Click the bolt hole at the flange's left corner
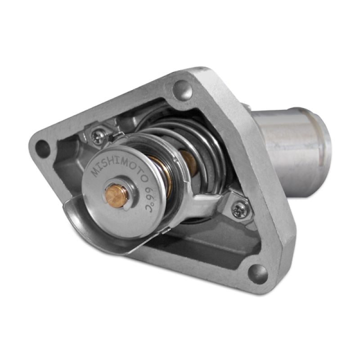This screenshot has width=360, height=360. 43,148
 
